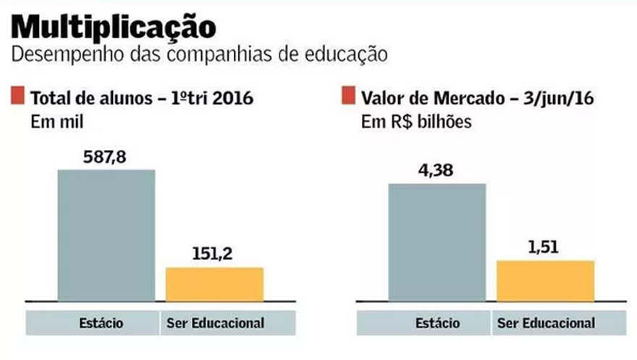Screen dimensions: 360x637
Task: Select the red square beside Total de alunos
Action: pos(17,96)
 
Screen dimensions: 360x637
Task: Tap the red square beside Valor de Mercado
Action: pos(347,96)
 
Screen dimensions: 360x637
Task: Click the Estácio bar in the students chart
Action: pos(106,235)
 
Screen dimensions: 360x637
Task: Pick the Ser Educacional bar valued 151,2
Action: pos(214,283)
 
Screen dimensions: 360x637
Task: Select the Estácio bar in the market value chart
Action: pos(437,241)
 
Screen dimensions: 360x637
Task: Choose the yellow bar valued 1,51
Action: pos(545,280)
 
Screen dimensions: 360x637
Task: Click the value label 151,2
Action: pos(214,254)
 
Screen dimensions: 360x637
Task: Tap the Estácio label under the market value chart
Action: pos(436,322)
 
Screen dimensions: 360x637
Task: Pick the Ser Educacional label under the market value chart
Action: pos(546,322)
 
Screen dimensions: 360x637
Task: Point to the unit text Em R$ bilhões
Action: pos(416,122)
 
